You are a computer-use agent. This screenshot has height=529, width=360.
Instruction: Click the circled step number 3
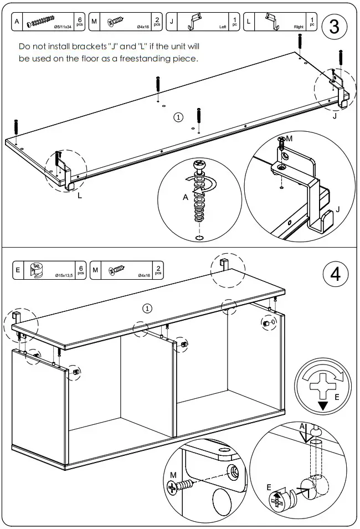[x=335, y=28]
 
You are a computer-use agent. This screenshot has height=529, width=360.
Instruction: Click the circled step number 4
[x=335, y=275]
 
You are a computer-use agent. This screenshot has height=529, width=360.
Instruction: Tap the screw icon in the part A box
[x=44, y=22]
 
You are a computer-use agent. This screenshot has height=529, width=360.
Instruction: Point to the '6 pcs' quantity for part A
[x=80, y=22]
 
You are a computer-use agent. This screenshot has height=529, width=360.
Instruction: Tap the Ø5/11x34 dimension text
[x=63, y=27]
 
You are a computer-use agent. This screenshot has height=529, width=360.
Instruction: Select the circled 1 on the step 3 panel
[x=178, y=117]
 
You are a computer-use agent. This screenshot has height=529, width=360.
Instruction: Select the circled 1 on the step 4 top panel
[x=147, y=308]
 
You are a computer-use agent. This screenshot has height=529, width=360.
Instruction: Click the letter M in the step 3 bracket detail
[x=289, y=138]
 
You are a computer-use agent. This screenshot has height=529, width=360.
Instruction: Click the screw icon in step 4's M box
[x=117, y=270]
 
